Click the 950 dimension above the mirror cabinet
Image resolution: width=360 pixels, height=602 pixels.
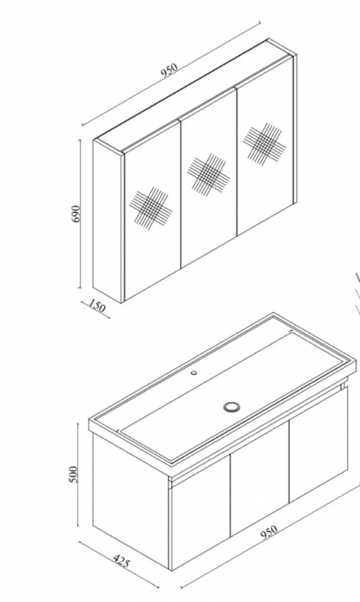pos(170,70)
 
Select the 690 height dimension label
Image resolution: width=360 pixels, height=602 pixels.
pos(76,213)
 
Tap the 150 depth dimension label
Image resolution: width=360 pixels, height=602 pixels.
pos(97,306)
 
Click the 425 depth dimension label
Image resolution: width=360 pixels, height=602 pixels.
pos(122,561)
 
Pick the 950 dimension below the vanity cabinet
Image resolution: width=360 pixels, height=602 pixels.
pos(269,532)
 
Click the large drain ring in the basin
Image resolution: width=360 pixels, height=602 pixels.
pos(232,407)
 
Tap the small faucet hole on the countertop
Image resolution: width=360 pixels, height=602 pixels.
pos(194,372)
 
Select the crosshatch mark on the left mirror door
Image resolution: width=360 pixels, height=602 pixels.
pos(151,208)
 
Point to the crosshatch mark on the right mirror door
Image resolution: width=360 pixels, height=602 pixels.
pos(265,142)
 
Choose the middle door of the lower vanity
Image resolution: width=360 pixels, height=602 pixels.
pos(259,479)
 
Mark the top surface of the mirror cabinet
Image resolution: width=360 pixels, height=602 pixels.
pos(192,96)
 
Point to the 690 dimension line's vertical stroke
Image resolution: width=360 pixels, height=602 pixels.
pos(80,213)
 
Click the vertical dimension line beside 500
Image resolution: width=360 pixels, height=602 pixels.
pos(78,475)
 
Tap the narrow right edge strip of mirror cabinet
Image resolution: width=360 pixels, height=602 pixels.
pos(295,129)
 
